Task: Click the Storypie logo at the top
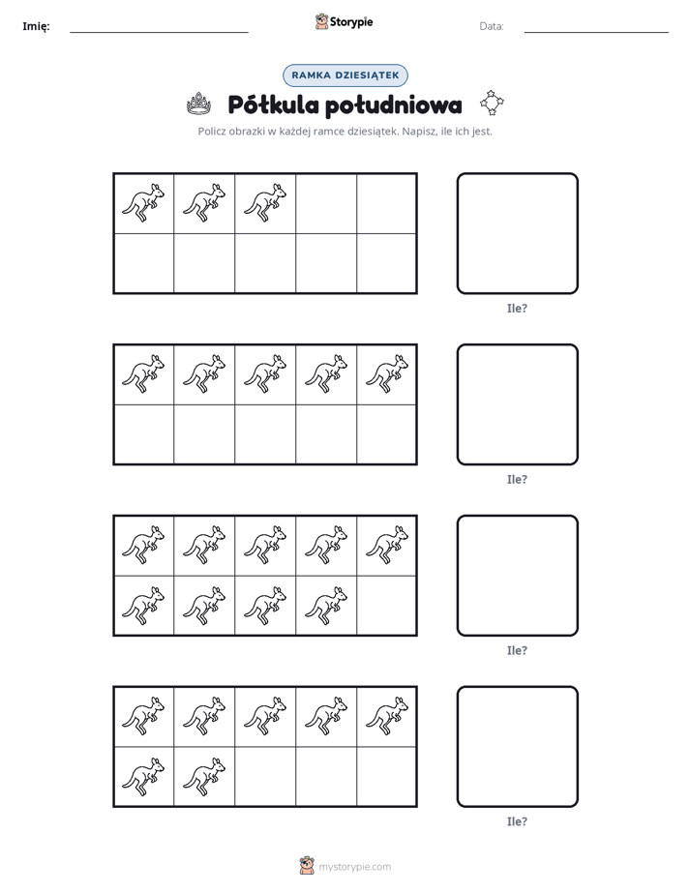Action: point(345,21)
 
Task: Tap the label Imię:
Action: point(36,26)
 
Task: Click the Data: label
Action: point(492,26)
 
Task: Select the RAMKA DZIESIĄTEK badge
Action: point(345,75)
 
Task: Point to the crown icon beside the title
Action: point(199,104)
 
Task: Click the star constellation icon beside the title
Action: point(492,103)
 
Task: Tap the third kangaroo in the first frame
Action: point(265,203)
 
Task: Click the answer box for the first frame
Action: point(518,234)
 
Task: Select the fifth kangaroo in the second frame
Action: point(387,374)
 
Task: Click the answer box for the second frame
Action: point(518,404)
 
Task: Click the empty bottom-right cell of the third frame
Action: point(386,606)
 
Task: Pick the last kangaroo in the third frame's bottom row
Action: point(326,606)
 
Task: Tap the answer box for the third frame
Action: point(518,576)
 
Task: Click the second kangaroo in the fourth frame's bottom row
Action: point(204,777)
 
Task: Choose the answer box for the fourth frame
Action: point(518,747)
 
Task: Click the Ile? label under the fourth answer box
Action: point(517,821)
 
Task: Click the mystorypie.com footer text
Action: point(354,867)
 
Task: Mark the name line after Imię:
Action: point(159,33)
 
